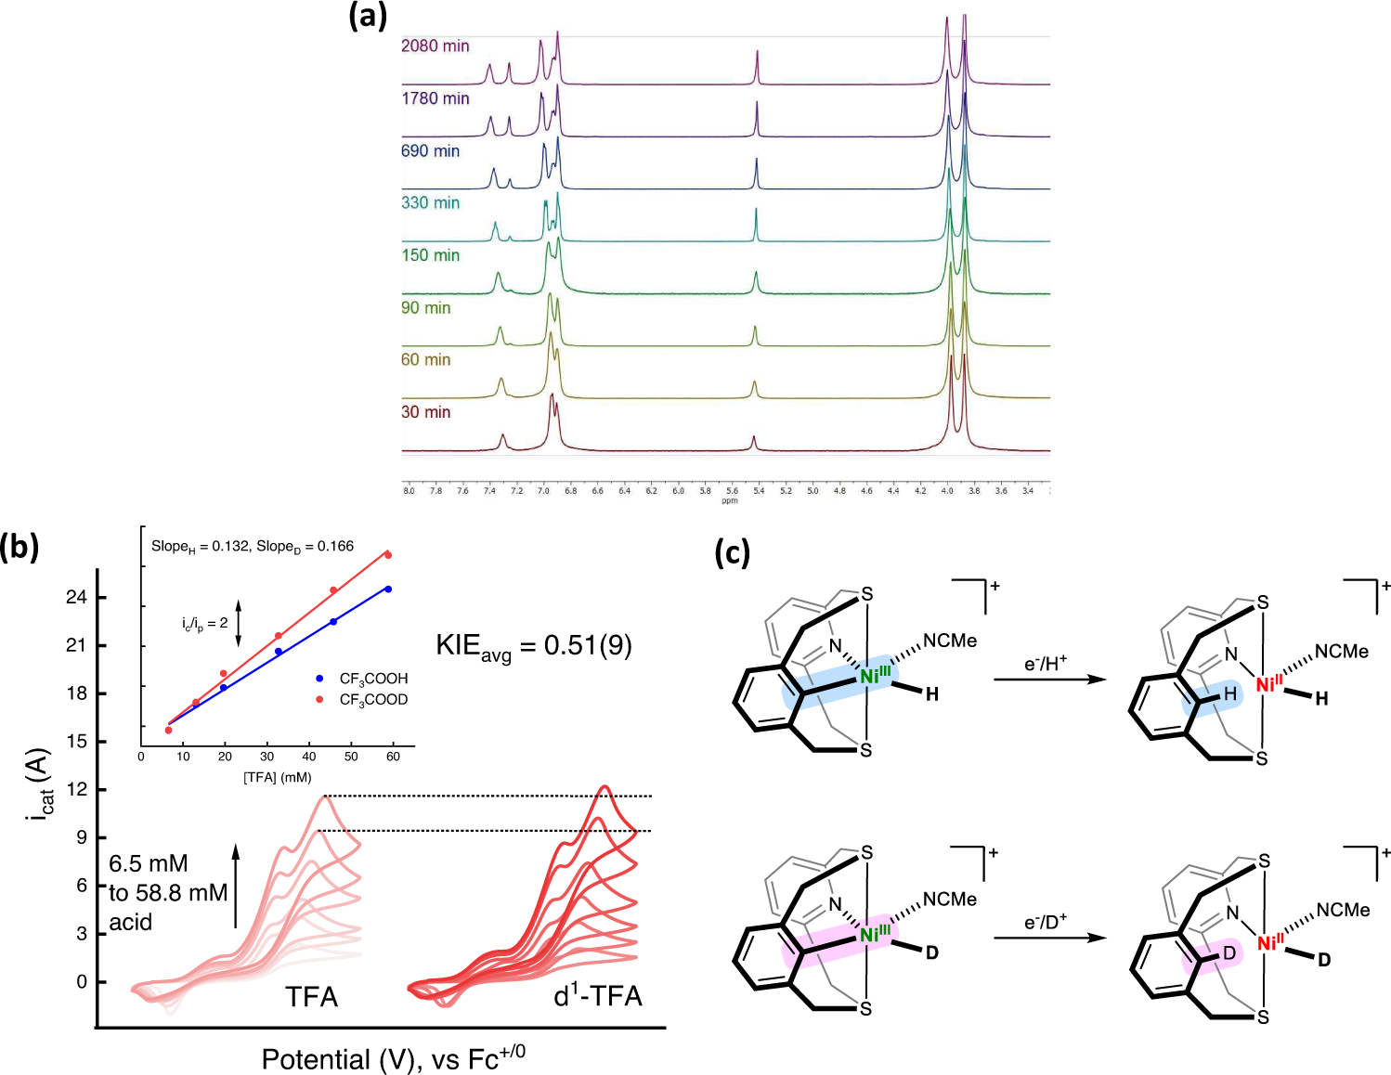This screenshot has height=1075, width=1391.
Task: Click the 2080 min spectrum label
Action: tap(435, 45)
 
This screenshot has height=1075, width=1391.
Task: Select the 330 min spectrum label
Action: tap(430, 202)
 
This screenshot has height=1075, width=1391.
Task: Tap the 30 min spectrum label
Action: tap(425, 411)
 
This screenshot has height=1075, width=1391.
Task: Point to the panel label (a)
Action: tap(367, 16)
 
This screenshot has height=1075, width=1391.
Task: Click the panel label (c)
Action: tap(732, 552)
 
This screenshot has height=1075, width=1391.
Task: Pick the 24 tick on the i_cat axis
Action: tap(76, 597)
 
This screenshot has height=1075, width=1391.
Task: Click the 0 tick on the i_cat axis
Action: tap(82, 981)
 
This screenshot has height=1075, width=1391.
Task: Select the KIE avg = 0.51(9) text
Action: tap(534, 645)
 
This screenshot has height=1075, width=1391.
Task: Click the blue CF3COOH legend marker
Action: tap(320, 679)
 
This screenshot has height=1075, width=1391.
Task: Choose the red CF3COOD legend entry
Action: tap(363, 699)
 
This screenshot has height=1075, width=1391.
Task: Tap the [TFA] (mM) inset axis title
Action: tap(277, 777)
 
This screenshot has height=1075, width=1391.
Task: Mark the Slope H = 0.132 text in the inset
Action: tap(200, 546)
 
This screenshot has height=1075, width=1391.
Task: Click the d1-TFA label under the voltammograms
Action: tap(597, 996)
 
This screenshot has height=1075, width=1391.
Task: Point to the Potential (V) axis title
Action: tap(393, 1058)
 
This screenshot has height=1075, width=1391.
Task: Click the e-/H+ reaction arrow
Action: tap(1049, 680)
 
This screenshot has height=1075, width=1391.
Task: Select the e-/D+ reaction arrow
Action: tap(1049, 938)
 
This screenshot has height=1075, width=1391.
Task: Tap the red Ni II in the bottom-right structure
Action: tap(1269, 943)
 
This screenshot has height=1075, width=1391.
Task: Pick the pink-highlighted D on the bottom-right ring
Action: tap(1228, 953)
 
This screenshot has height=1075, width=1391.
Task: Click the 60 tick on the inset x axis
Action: tap(393, 757)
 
